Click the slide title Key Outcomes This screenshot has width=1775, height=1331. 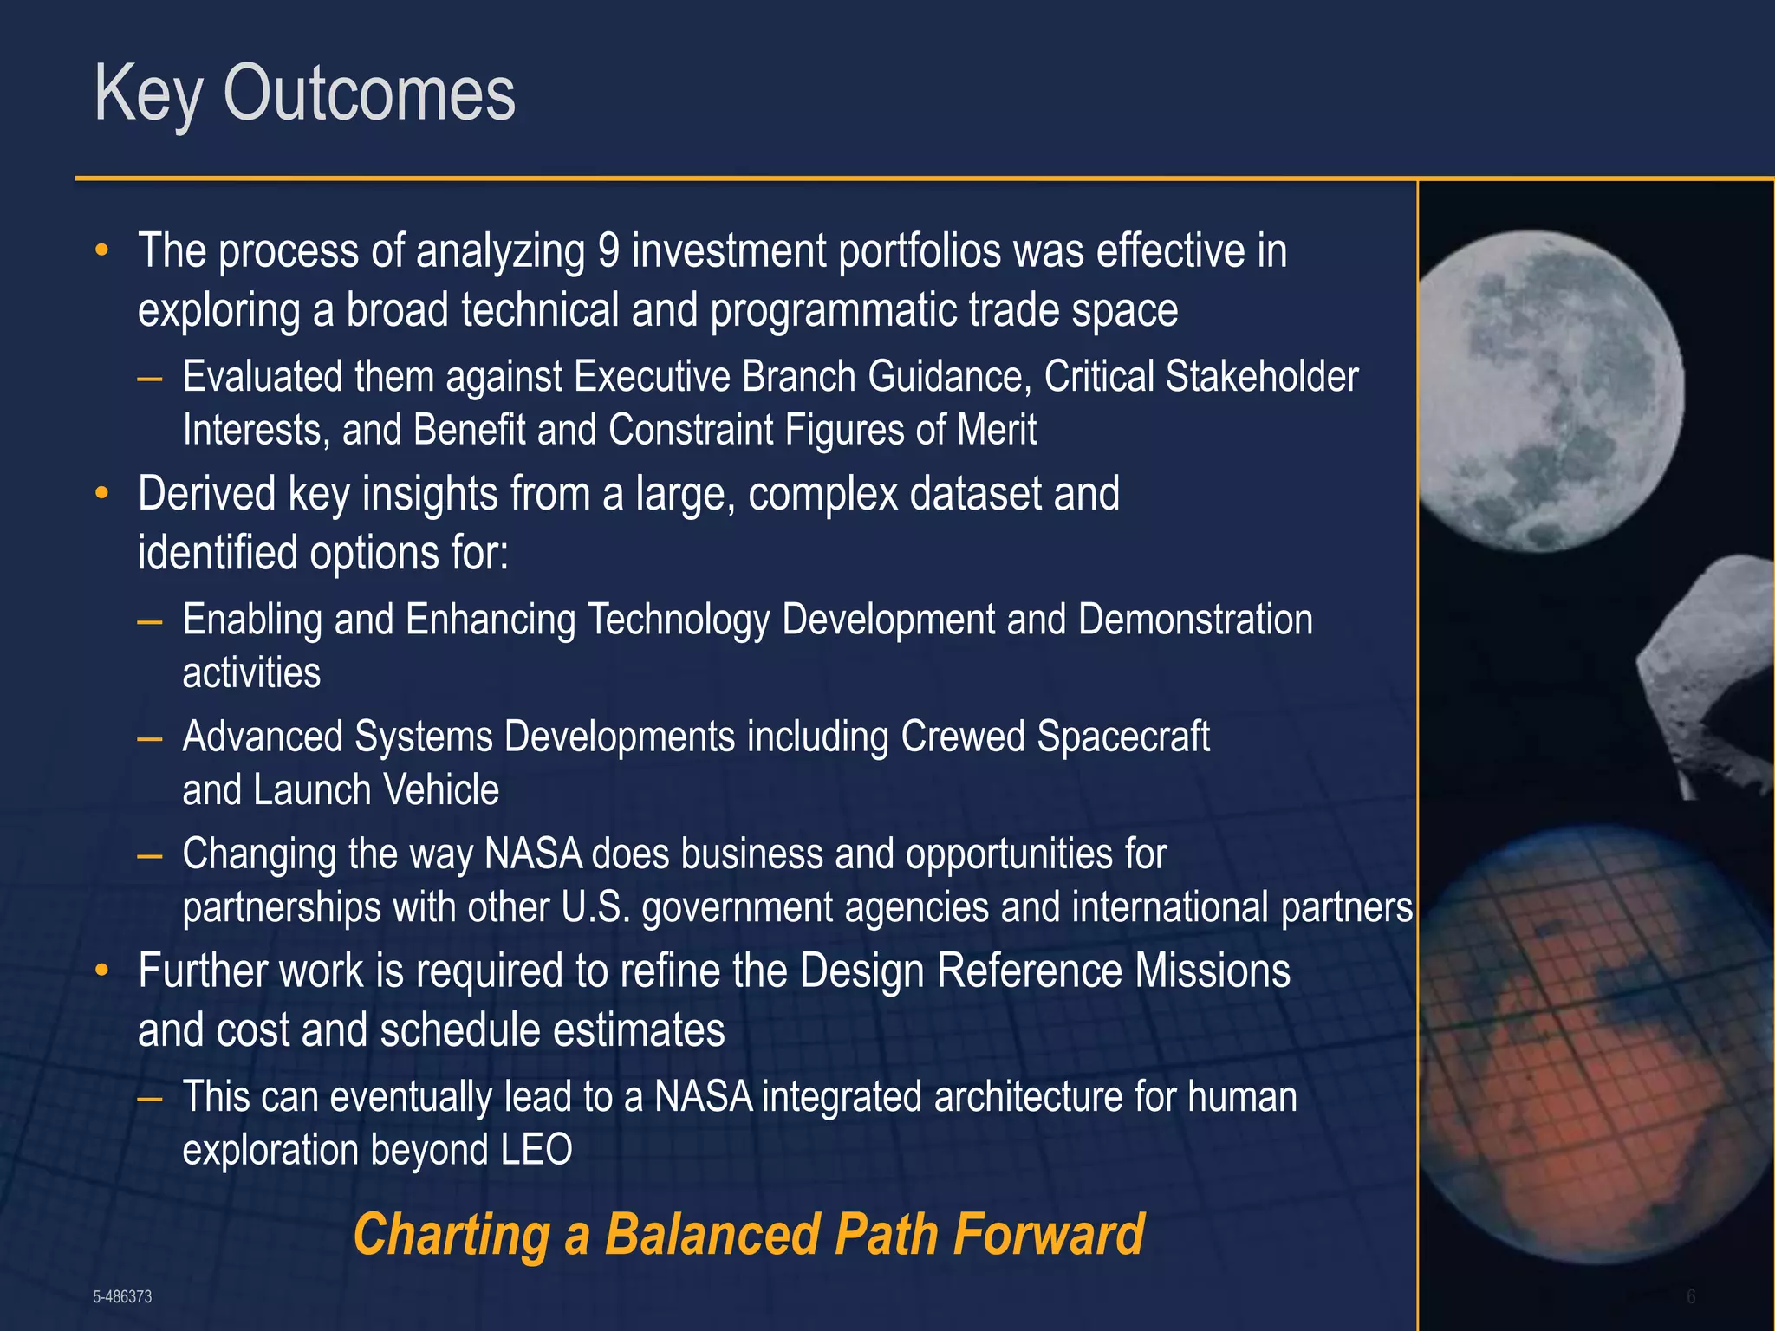coord(304,94)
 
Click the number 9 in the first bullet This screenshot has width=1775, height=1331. coord(608,251)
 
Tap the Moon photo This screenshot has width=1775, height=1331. coord(1551,390)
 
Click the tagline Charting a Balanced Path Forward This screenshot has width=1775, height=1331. coord(748,1234)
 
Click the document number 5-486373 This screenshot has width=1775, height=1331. coord(122,1296)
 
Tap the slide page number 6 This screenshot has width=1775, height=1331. coord(1691,1296)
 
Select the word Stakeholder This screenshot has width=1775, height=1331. coord(1261,377)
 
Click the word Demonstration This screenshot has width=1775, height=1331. coord(1195,620)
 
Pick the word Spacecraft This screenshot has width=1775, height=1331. coord(1122,737)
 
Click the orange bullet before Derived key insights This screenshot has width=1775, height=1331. coord(102,494)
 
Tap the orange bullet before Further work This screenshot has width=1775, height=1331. coord(102,971)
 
